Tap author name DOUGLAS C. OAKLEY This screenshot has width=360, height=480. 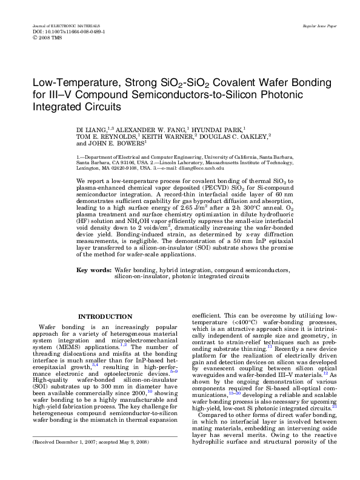[236, 136]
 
